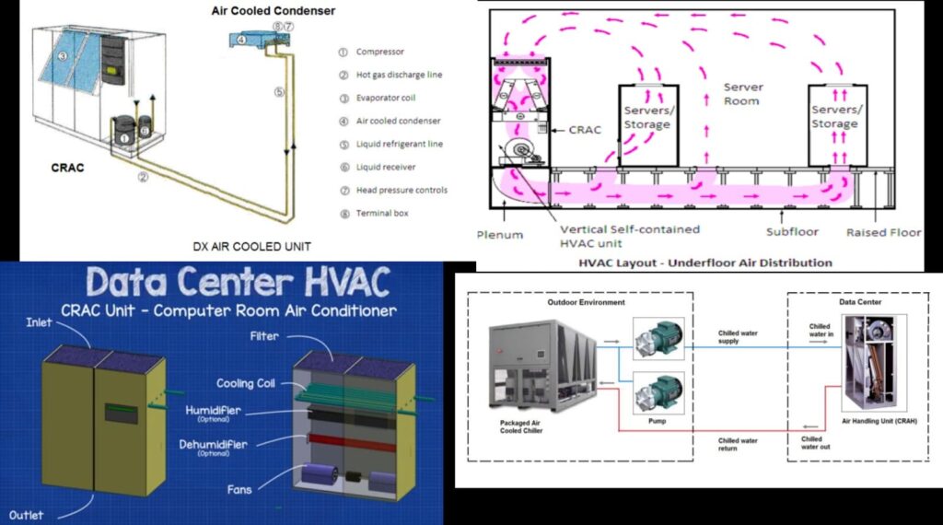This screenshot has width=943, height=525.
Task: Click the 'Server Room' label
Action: (742, 94)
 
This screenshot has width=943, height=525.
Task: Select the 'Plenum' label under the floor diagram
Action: (500, 234)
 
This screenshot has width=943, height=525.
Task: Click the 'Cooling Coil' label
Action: (248, 383)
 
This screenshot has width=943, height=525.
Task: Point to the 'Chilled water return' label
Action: (738, 445)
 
